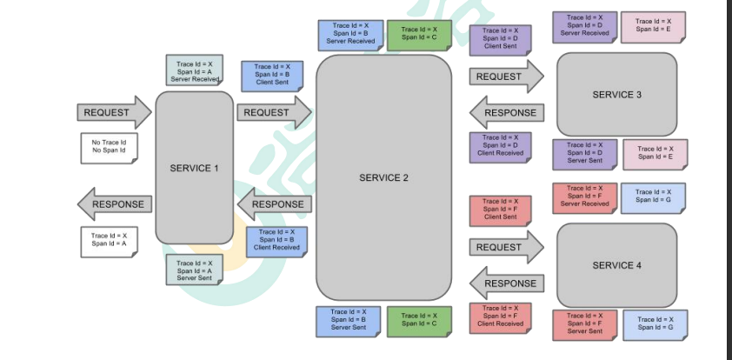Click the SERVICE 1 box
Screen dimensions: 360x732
[x=194, y=168]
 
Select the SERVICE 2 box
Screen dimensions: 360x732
[x=383, y=177]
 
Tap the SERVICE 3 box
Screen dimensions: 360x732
[x=616, y=94]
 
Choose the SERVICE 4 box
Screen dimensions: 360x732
[x=616, y=264]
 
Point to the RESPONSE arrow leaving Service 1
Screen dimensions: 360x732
[x=115, y=204]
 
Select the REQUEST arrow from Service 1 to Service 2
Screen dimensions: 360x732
[x=272, y=112]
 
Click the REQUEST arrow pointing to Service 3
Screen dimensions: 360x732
[x=505, y=77]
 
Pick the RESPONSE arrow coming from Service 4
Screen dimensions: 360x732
[x=507, y=283]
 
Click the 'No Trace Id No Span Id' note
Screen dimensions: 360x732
[x=109, y=146]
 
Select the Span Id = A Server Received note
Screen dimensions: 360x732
[x=193, y=70]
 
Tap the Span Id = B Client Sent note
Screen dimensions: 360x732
[x=278, y=75]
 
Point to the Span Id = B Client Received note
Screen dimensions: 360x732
[x=277, y=240]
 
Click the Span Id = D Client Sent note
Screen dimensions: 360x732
[x=500, y=37]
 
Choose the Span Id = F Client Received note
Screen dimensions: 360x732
[x=500, y=316]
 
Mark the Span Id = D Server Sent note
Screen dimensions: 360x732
[x=583, y=153]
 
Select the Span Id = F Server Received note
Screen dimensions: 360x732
[x=584, y=197]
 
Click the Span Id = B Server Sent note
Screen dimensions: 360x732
[x=348, y=320]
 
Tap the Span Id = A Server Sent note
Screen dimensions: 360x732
[x=194, y=270]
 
